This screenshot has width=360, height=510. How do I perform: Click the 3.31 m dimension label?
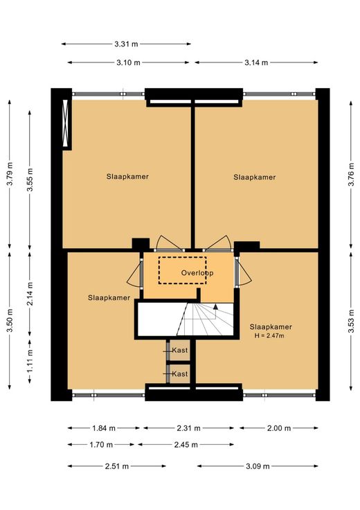tap(126, 44)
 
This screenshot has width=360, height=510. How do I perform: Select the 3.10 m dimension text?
tap(128, 62)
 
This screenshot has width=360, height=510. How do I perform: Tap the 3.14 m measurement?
tap(256, 62)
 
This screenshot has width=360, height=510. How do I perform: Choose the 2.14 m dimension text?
tap(30, 294)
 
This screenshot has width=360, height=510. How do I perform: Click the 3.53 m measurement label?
tap(351, 321)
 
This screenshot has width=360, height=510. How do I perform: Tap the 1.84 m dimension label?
tap(104, 428)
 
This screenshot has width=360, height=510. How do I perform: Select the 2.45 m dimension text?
tap(186, 444)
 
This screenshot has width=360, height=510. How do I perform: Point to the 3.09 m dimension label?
tap(258, 466)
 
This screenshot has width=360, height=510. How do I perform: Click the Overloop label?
tap(197, 273)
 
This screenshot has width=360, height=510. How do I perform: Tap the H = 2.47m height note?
tap(269, 335)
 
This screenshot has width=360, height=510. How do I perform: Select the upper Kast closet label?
tap(180, 351)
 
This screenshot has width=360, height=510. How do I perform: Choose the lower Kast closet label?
tap(180, 374)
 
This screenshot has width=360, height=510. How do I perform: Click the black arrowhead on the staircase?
tap(215, 306)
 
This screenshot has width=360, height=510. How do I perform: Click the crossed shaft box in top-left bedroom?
tap(65, 123)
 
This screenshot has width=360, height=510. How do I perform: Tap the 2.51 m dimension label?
tap(116, 466)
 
